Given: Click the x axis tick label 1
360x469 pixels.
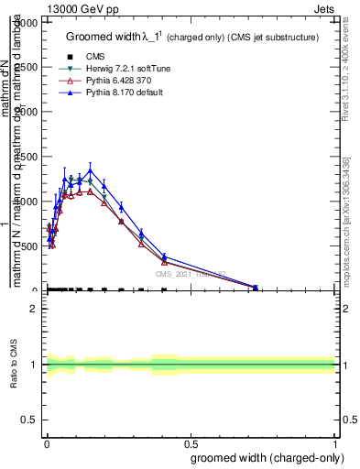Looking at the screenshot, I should coord(334,433).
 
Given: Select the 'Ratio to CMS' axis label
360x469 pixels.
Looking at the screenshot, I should coord(14,365).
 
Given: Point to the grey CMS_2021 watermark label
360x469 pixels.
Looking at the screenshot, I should coord(189,273).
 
